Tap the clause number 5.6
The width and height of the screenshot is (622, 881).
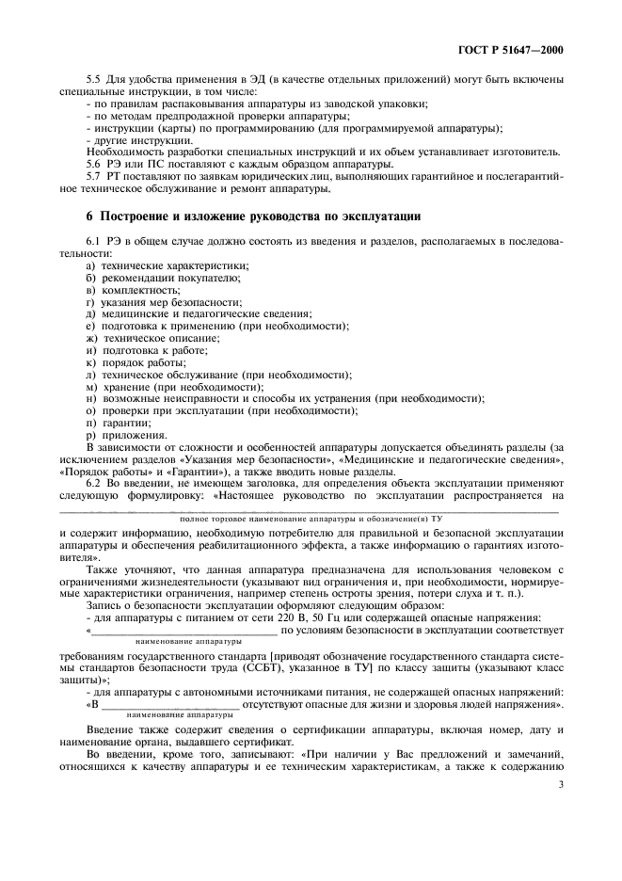(x=94, y=163)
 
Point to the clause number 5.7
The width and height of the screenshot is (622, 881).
(x=94, y=175)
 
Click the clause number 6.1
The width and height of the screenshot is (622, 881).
(x=94, y=242)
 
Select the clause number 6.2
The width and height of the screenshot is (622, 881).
(x=94, y=479)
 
